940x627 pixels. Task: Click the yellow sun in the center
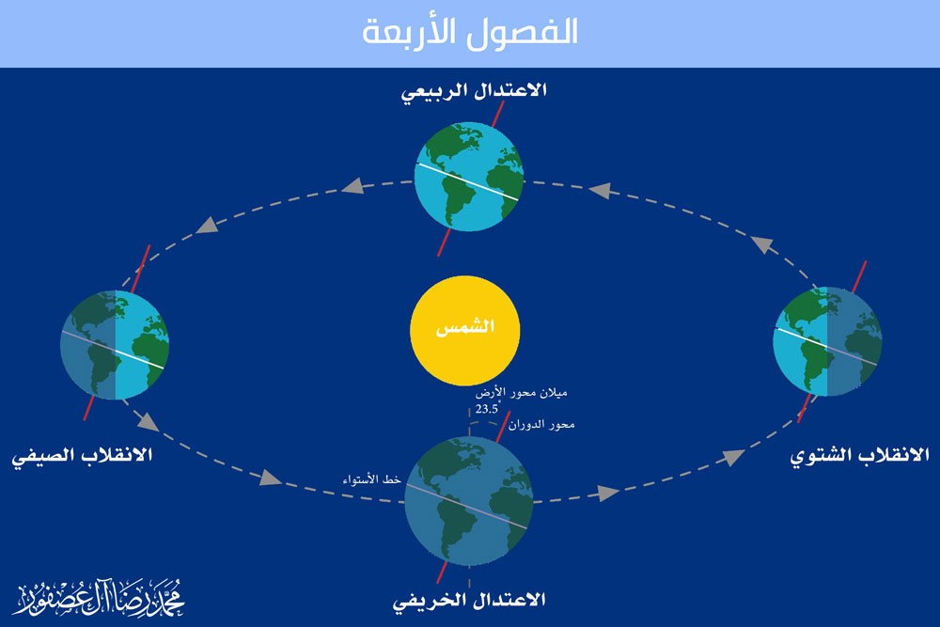(x=464, y=330)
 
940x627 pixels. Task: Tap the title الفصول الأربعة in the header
(x=469, y=31)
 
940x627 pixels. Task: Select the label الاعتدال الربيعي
(x=474, y=92)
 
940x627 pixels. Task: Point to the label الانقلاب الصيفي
(x=82, y=456)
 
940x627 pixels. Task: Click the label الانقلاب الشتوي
(x=859, y=456)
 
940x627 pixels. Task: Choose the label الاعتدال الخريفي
(x=469, y=600)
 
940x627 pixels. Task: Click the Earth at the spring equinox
(x=469, y=177)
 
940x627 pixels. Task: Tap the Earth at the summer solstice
(x=115, y=345)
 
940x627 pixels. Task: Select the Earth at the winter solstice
(x=827, y=341)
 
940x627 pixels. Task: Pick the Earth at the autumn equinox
(x=469, y=501)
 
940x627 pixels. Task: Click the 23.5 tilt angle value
(x=487, y=410)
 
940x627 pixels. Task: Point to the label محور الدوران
(x=542, y=424)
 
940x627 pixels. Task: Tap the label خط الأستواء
(x=371, y=479)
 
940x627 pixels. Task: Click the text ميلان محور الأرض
(x=521, y=393)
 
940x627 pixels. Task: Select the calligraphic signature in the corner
(x=99, y=598)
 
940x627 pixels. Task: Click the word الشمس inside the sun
(x=465, y=327)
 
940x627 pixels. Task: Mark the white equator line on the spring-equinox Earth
(x=468, y=181)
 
